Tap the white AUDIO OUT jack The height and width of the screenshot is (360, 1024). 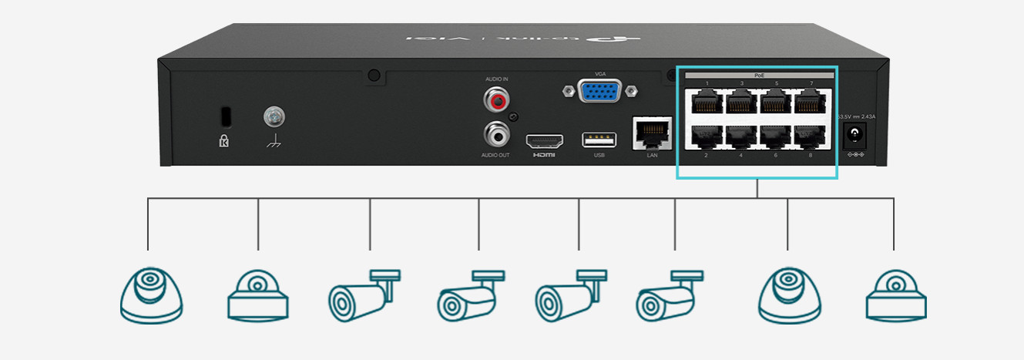[x=497, y=136]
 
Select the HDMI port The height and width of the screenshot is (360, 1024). [x=545, y=141]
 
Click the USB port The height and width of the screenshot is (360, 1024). [x=599, y=140]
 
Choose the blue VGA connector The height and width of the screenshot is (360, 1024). [x=599, y=92]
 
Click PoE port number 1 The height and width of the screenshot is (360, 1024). [x=705, y=101]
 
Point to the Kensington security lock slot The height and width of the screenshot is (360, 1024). [x=224, y=116]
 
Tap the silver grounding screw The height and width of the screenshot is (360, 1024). [x=274, y=116]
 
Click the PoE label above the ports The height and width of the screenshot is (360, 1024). [x=758, y=76]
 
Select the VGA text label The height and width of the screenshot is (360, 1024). [x=600, y=73]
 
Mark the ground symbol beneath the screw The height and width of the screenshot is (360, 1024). [x=273, y=143]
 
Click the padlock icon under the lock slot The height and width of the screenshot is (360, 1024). [x=224, y=142]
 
